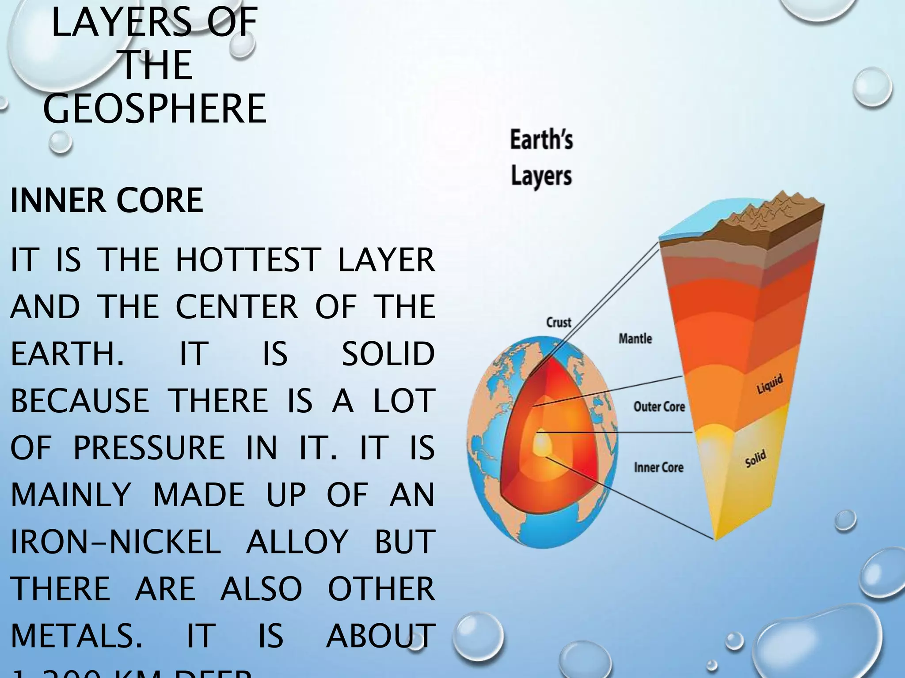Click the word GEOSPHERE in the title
pyautogui.click(x=155, y=109)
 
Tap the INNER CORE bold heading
pyautogui.click(x=106, y=201)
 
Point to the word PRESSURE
pyautogui.click(x=149, y=448)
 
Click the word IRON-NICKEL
pyautogui.click(x=115, y=542)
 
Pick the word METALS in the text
pyautogui.click(x=76, y=636)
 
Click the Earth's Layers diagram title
pyautogui.click(x=541, y=158)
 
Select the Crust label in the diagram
pyautogui.click(x=559, y=322)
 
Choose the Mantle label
pyautogui.click(x=635, y=339)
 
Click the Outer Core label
pyautogui.click(x=659, y=407)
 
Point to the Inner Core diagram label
pyautogui.click(x=658, y=467)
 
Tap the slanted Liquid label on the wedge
pyautogui.click(x=770, y=384)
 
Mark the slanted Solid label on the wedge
pyautogui.click(x=755, y=459)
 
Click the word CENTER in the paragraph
pyautogui.click(x=237, y=307)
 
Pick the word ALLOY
pyautogui.click(x=297, y=542)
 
